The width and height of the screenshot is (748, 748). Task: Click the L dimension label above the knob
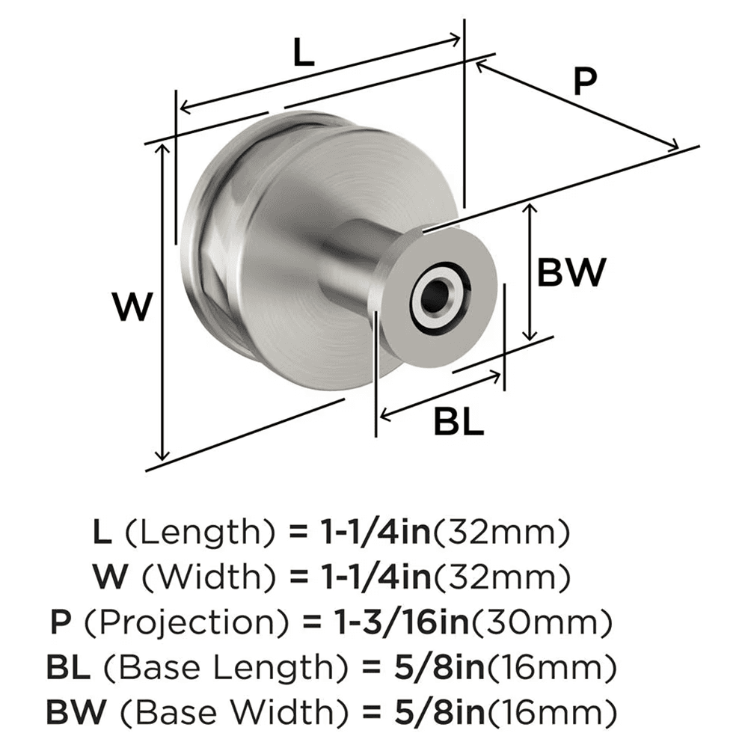click(302, 54)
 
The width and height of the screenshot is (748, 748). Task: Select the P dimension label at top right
click(584, 82)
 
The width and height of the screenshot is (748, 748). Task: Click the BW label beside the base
click(571, 274)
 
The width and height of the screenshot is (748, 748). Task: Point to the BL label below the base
click(459, 423)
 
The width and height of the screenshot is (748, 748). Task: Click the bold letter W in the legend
click(108, 577)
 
